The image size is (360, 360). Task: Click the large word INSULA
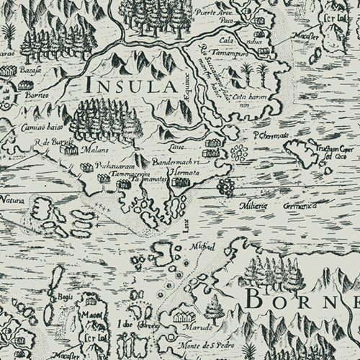(x=131, y=86)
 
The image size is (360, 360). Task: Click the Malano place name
(x=91, y=152)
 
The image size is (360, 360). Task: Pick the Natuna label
(x=12, y=197)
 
